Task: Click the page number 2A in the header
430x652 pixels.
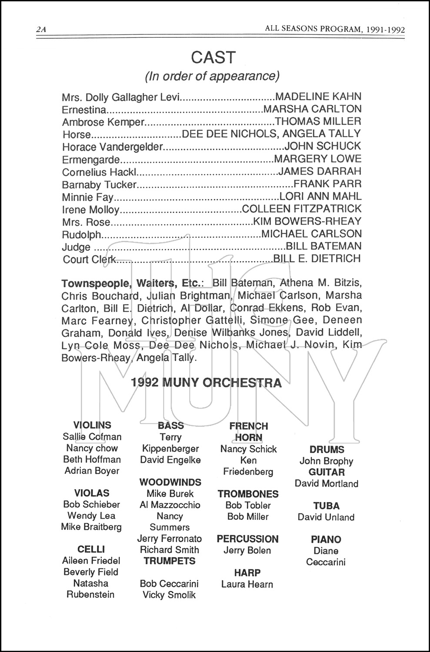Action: (42, 30)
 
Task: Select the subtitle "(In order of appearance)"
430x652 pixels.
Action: (212, 76)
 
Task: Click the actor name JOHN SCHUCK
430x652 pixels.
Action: (322, 146)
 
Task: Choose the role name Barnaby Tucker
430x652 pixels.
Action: (99, 184)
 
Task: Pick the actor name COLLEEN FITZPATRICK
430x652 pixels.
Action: (301, 209)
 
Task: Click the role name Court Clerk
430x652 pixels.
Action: (89, 259)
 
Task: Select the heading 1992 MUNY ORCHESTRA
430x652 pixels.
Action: (206, 383)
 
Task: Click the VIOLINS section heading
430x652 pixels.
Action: (92, 425)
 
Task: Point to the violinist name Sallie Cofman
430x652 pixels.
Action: (92, 436)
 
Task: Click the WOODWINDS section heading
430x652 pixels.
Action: (170, 482)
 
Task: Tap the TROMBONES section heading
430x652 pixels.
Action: (248, 494)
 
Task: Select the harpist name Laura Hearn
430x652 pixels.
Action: (247, 584)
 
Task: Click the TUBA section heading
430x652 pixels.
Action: (326, 506)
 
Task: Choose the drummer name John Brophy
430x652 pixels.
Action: (326, 461)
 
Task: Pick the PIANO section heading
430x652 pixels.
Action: (326, 539)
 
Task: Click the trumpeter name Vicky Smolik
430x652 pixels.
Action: (169, 595)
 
